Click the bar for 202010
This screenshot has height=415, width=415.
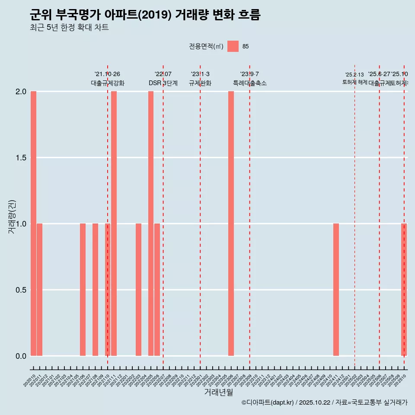pos(33,223)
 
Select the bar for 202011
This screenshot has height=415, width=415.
pos(39,290)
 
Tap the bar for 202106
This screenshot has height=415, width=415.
pos(83,290)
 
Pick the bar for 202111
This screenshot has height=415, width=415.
pos(114,223)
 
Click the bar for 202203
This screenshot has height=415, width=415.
pos(138,290)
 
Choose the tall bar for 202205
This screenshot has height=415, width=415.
pos(151,223)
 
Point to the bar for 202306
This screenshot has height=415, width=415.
pos(231,223)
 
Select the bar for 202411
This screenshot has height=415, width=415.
pos(336,290)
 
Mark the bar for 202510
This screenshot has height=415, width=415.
pos(404,290)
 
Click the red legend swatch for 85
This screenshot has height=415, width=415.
pos(233,46)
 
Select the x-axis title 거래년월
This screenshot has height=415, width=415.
pos(218,393)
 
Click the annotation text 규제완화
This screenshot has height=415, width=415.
pos(200,83)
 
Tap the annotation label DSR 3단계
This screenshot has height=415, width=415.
pos(163,83)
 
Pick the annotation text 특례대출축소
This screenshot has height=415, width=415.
pos(249,83)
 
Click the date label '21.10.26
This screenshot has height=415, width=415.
pos(107,74)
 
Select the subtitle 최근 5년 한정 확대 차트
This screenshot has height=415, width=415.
pos(69,28)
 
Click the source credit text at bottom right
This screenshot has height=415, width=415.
pos(324,402)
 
